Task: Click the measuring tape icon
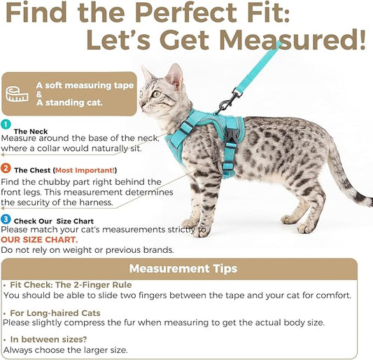tap(17, 94)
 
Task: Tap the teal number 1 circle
tap(6, 124)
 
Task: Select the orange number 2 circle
tap(6, 168)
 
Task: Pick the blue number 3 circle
tap(6, 219)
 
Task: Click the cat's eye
tap(156, 94)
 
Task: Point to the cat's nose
tap(142, 104)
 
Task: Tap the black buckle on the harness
tap(230, 136)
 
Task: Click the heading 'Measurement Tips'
tap(183, 268)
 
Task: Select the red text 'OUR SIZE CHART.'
tap(39, 240)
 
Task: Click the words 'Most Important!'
tap(85, 170)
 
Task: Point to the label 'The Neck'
tap(31, 132)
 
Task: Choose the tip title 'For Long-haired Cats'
tap(55, 313)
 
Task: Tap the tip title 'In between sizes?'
tap(48, 339)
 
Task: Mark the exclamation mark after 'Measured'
tap(362, 39)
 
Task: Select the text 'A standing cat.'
tap(69, 103)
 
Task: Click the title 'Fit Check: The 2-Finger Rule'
tap(71, 285)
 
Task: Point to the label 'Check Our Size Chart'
tap(54, 221)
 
